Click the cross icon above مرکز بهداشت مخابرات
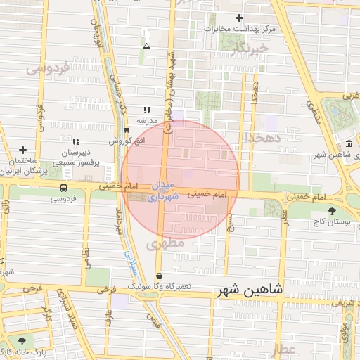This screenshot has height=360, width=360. click(x=240, y=18)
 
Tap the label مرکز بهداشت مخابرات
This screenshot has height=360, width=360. click(x=240, y=29)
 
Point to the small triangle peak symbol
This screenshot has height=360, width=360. click(x=146, y=46)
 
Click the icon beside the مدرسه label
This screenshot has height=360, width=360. click(x=147, y=110)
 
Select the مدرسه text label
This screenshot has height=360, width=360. click(x=146, y=120)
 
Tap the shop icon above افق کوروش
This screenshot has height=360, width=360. click(x=126, y=130)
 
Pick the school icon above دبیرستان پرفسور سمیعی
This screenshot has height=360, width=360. click(x=75, y=141)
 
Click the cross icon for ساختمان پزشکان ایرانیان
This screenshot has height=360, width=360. click(x=23, y=150)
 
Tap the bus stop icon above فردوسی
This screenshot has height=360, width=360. click(x=64, y=188)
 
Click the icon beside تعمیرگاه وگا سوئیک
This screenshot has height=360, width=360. click(x=159, y=276)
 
